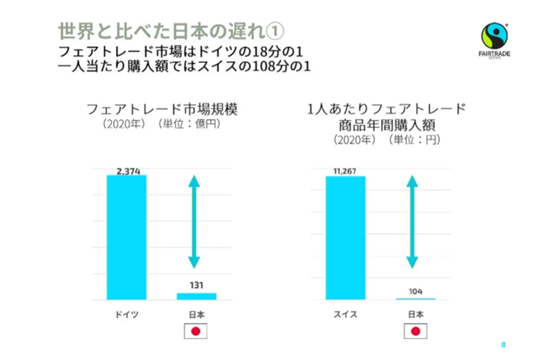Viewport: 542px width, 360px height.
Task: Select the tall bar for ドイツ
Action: [127, 237]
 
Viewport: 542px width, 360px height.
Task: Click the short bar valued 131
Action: [196, 296]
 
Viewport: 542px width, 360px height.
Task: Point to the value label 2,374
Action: [127, 170]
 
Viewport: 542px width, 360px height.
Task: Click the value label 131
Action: [196, 285]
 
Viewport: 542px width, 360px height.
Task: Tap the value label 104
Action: [415, 291]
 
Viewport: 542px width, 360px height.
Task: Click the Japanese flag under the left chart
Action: [196, 332]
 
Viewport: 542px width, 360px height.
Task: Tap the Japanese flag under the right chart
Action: [415, 332]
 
